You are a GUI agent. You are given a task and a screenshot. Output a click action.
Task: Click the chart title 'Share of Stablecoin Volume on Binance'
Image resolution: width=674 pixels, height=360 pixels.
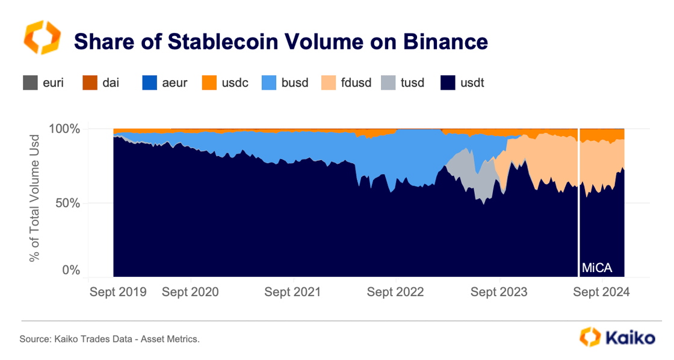point(280,42)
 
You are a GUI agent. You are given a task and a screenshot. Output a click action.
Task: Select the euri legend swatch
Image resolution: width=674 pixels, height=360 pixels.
point(29,82)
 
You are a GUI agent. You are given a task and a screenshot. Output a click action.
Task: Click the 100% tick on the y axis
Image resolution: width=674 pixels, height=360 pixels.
point(64,129)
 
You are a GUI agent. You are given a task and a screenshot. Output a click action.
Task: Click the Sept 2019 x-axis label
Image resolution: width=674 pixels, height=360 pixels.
point(118,293)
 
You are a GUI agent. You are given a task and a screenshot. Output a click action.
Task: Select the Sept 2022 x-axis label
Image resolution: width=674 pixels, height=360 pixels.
point(395,293)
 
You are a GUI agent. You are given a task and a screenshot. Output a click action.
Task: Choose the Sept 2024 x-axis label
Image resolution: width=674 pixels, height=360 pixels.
point(601,293)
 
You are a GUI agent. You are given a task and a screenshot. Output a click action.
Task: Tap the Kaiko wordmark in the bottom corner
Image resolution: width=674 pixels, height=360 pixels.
point(629,338)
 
